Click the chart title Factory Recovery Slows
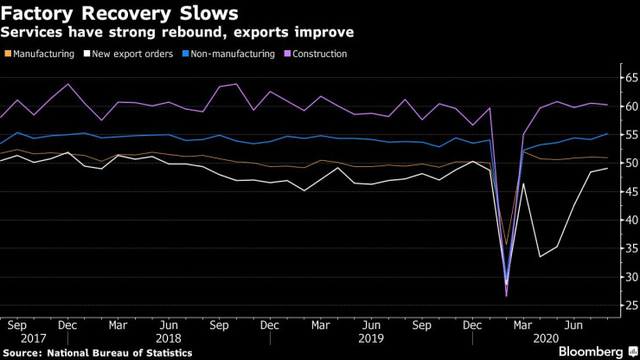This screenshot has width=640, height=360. (x=121, y=13)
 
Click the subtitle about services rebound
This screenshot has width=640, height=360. (x=176, y=33)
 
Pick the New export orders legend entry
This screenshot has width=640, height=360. (x=131, y=54)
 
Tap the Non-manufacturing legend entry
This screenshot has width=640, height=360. (x=229, y=54)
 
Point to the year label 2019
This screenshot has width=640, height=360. (x=371, y=339)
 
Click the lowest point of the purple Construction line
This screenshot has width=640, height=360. (x=507, y=296)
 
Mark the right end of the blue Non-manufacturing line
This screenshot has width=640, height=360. (x=607, y=134)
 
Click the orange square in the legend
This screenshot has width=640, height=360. (x=7, y=54)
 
